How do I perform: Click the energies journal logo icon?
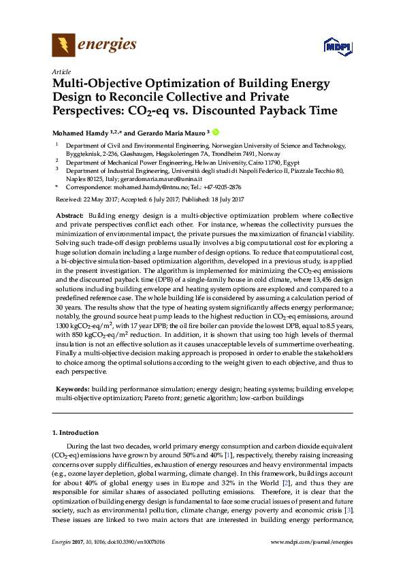click(x=63, y=46)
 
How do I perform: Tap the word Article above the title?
click(x=60, y=71)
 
